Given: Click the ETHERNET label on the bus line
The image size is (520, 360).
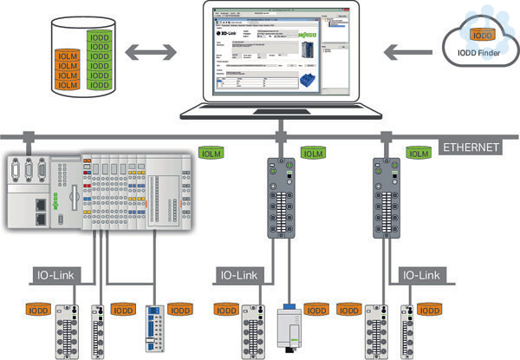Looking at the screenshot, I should point(471,147).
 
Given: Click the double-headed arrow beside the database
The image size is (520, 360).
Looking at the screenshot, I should point(146,54).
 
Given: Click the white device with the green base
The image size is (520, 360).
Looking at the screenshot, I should point(289,329).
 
